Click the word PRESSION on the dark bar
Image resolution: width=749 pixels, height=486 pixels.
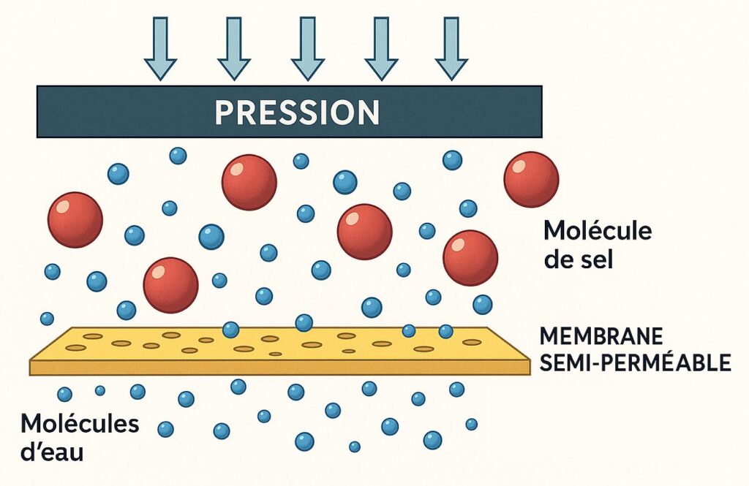297,113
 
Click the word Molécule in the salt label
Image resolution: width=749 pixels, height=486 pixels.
597,232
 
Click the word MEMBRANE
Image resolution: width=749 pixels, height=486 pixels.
601,337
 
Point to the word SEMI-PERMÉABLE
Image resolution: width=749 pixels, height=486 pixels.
635,362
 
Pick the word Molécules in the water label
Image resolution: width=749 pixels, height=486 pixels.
69,425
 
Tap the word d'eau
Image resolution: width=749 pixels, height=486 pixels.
52,452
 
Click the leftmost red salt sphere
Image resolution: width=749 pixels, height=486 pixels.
75,219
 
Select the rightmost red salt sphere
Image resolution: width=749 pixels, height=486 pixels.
531,179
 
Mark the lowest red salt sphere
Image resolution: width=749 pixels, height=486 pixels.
170,285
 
